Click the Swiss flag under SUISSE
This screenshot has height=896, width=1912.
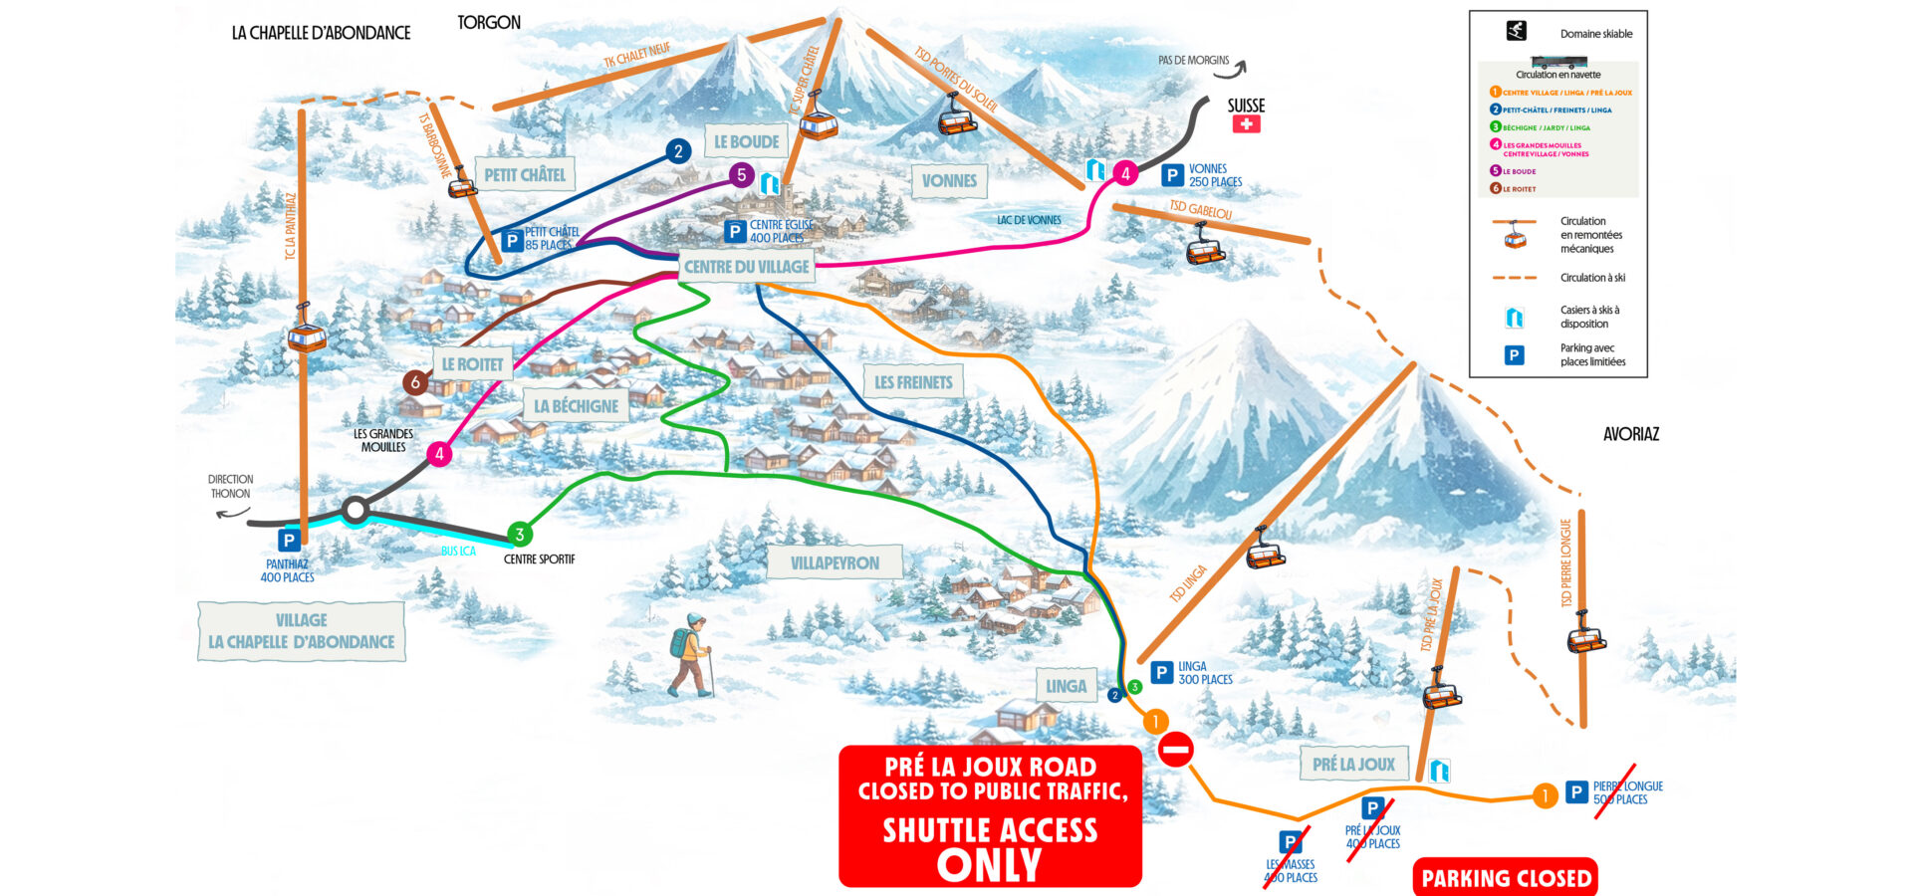coord(1246,124)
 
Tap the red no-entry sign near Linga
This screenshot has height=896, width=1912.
coord(1176,749)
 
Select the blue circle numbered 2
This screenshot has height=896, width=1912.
coord(678,151)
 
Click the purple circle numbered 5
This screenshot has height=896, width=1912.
coord(741,175)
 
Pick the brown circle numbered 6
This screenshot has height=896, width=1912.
coord(416,381)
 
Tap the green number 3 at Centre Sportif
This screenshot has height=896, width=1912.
coord(519,535)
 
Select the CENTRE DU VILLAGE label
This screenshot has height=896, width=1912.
coord(747,267)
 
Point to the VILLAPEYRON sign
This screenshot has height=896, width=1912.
coord(835,563)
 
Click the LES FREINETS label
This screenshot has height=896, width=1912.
coord(913,382)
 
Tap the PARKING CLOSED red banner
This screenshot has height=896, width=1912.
coord(1506,878)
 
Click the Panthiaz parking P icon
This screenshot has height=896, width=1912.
coord(289,541)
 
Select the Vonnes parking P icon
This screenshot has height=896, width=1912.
coord(1173,176)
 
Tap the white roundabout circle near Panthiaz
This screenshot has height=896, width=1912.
coord(356,511)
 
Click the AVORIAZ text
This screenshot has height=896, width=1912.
coord(1630,434)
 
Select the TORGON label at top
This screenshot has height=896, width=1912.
coord(488,22)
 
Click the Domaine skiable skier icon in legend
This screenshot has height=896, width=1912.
coord(1516,31)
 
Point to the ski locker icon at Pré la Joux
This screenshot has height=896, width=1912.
coord(1439,770)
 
